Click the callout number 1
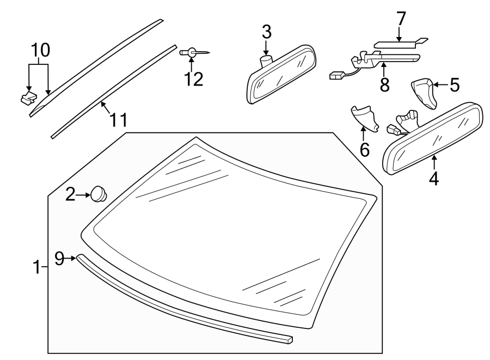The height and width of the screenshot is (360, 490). coord(36,267)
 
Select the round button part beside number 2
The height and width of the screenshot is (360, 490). coord(99,193)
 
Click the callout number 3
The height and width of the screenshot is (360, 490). coord(266,32)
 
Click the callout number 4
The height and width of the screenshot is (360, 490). coord(434,178)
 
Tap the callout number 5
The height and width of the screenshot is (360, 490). coord(454,84)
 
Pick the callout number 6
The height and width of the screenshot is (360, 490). coord(364,148)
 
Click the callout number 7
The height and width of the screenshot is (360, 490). coord(401,19)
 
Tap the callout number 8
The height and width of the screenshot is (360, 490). coord(384,84)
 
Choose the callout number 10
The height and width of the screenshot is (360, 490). coord(39,50)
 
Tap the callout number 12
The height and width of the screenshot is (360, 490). coord(193,78)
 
